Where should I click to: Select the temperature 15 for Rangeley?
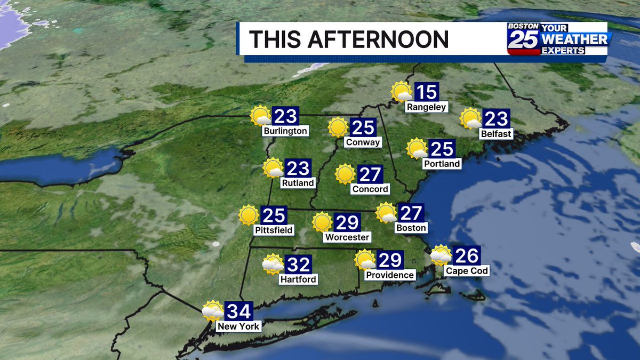pos(426,92)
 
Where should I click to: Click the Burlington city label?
pos(285,131)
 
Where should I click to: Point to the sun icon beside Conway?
pos(338,127)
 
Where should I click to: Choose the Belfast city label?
pos(495,133)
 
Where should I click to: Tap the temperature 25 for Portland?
pos(441,149)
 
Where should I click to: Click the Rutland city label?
pos(298,183)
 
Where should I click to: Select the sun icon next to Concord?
pos(345,174)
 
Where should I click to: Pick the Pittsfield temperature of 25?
pos(274,215)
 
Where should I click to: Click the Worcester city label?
pos(347,237)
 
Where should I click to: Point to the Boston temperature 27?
pos(411,213)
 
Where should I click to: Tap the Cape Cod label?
pos(467,271)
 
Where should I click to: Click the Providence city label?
pos(390,275)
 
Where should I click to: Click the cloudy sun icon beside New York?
pos(213,311)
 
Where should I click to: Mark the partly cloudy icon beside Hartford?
pos(273,264)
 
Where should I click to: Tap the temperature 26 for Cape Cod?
pos(467,255)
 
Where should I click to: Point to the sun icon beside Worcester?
pos(322,222)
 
